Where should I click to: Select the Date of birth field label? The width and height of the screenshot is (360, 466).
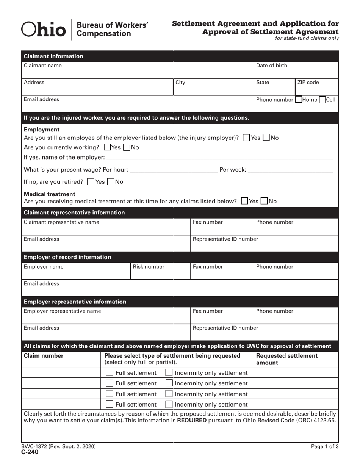[x=272, y=66]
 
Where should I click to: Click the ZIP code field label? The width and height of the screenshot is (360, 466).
[x=308, y=82]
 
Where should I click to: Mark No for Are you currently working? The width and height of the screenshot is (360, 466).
[x=127, y=147]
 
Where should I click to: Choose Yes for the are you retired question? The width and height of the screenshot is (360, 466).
[x=91, y=182]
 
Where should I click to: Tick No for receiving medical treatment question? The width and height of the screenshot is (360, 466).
[x=264, y=201]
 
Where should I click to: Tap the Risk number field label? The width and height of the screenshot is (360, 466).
[x=149, y=267]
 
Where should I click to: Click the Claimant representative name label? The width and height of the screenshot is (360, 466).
[x=61, y=222]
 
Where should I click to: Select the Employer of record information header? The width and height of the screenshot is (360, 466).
[x=67, y=257]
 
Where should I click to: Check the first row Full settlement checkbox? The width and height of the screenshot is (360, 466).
[x=110, y=373]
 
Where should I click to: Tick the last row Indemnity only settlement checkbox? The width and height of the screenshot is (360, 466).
[x=169, y=404]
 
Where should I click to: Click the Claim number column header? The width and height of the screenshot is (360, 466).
[x=44, y=356]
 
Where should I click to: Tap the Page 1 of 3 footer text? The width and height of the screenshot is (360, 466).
[x=325, y=447]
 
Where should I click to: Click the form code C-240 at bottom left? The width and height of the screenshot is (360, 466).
[x=31, y=452]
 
